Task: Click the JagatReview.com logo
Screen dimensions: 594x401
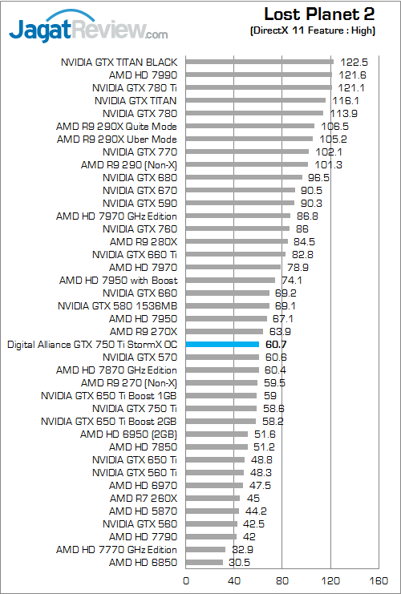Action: (88, 30)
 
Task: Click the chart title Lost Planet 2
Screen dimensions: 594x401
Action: (329, 14)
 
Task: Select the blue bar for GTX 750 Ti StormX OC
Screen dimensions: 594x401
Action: (222, 344)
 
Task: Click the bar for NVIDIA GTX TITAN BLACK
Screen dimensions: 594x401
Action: (259, 61)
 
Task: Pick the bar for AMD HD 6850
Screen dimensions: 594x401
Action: (204, 563)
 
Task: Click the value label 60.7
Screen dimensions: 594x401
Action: (275, 344)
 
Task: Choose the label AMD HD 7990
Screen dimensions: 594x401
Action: (143, 75)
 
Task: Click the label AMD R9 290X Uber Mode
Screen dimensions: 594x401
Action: (117, 139)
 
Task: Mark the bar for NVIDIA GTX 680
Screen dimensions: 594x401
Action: (244, 177)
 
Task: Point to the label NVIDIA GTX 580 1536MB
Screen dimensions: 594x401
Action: (118, 305)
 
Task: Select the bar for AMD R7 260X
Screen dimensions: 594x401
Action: (213, 498)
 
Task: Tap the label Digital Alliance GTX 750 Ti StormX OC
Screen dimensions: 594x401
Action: (91, 345)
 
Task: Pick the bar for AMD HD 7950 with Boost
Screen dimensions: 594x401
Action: (230, 280)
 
